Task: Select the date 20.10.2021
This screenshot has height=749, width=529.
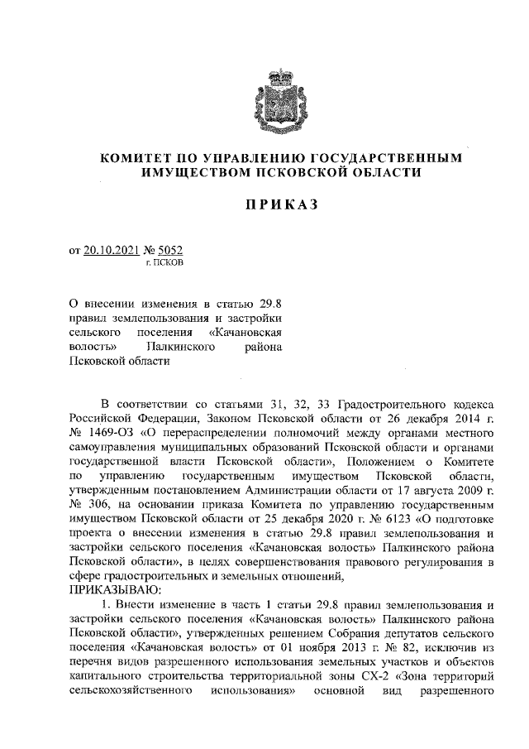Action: [x=112, y=250]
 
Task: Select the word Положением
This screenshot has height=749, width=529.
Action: [x=384, y=463]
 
